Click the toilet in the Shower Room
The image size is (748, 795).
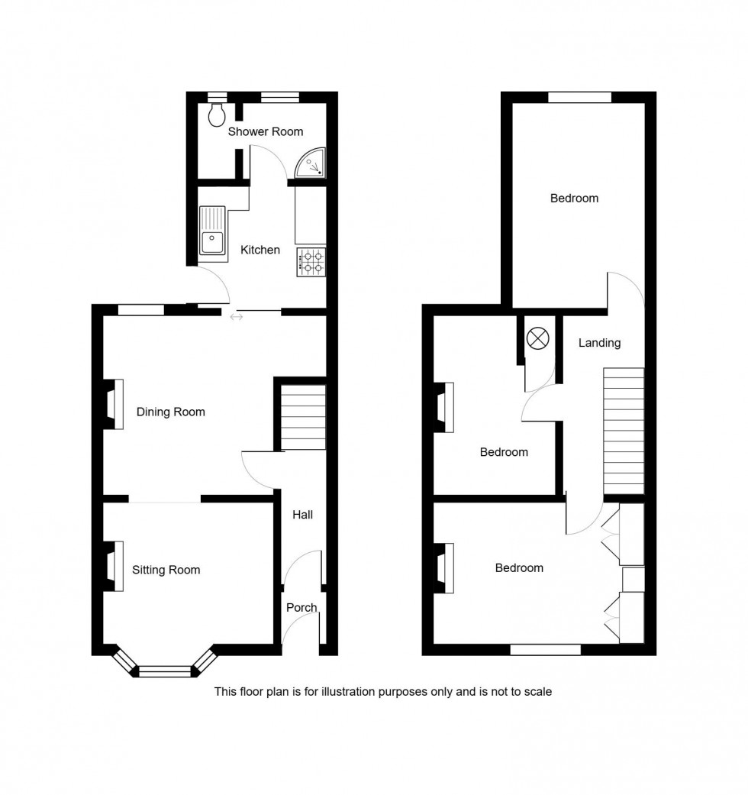[x=216, y=115]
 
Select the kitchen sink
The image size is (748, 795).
[x=212, y=232]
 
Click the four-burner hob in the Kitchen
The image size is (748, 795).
[x=311, y=262]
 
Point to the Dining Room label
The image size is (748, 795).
[x=170, y=412]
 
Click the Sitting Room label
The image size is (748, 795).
[x=166, y=570]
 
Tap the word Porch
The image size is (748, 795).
[x=301, y=608]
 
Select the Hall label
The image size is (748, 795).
[x=302, y=515]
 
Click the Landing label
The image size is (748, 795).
[x=599, y=343]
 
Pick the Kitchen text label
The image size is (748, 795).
[x=260, y=250]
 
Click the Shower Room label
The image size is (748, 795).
[x=266, y=131]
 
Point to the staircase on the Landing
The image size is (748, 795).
[x=624, y=431]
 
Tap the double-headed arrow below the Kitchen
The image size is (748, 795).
[x=236, y=316]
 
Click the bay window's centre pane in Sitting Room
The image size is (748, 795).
[x=164, y=672]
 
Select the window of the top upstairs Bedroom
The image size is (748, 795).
[x=579, y=97]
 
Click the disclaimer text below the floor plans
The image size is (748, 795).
[x=382, y=692]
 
